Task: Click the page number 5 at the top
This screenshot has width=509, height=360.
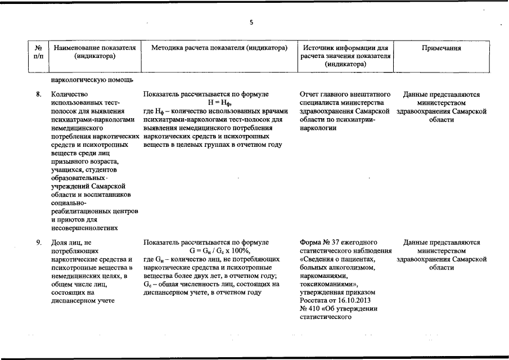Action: (x=251, y=22)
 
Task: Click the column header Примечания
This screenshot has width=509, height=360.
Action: (x=442, y=48)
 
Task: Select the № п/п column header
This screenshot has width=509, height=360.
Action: (x=38, y=53)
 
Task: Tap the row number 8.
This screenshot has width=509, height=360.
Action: (x=38, y=94)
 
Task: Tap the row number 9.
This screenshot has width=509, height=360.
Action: (x=38, y=242)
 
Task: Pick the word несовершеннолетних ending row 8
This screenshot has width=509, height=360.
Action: (x=84, y=228)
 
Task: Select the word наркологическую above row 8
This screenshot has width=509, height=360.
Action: (x=77, y=79)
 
